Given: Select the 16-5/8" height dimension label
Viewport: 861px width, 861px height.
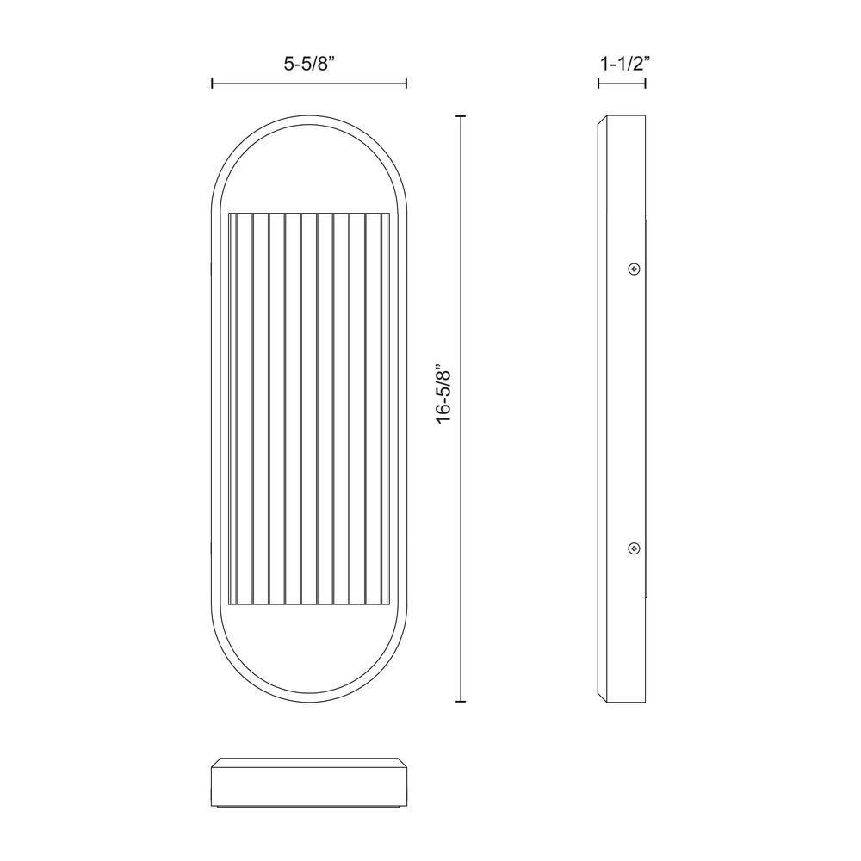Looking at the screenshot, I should pos(443,395).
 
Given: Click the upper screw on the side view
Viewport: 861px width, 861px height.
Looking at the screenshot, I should pos(634,269).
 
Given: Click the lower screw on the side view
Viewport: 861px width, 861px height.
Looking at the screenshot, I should pos(634,547).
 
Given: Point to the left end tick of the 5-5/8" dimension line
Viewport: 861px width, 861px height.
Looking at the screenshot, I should pos(213,84).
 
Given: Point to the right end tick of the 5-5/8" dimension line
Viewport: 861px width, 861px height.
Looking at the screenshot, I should pos(406,84).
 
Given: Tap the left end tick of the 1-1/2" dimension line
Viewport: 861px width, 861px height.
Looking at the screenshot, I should pos(598,84).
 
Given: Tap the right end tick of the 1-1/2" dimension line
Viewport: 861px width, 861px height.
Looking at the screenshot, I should pos(646,84).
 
